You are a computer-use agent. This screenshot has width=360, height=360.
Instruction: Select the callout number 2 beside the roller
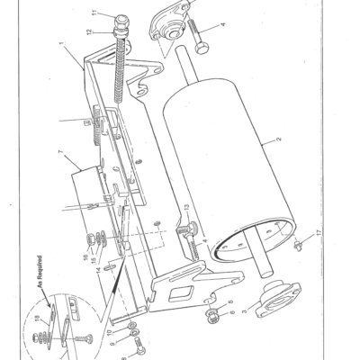click(279, 140)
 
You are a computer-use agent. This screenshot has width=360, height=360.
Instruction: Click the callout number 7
click(59, 155)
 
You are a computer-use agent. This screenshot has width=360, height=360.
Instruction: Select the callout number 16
click(87, 256)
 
